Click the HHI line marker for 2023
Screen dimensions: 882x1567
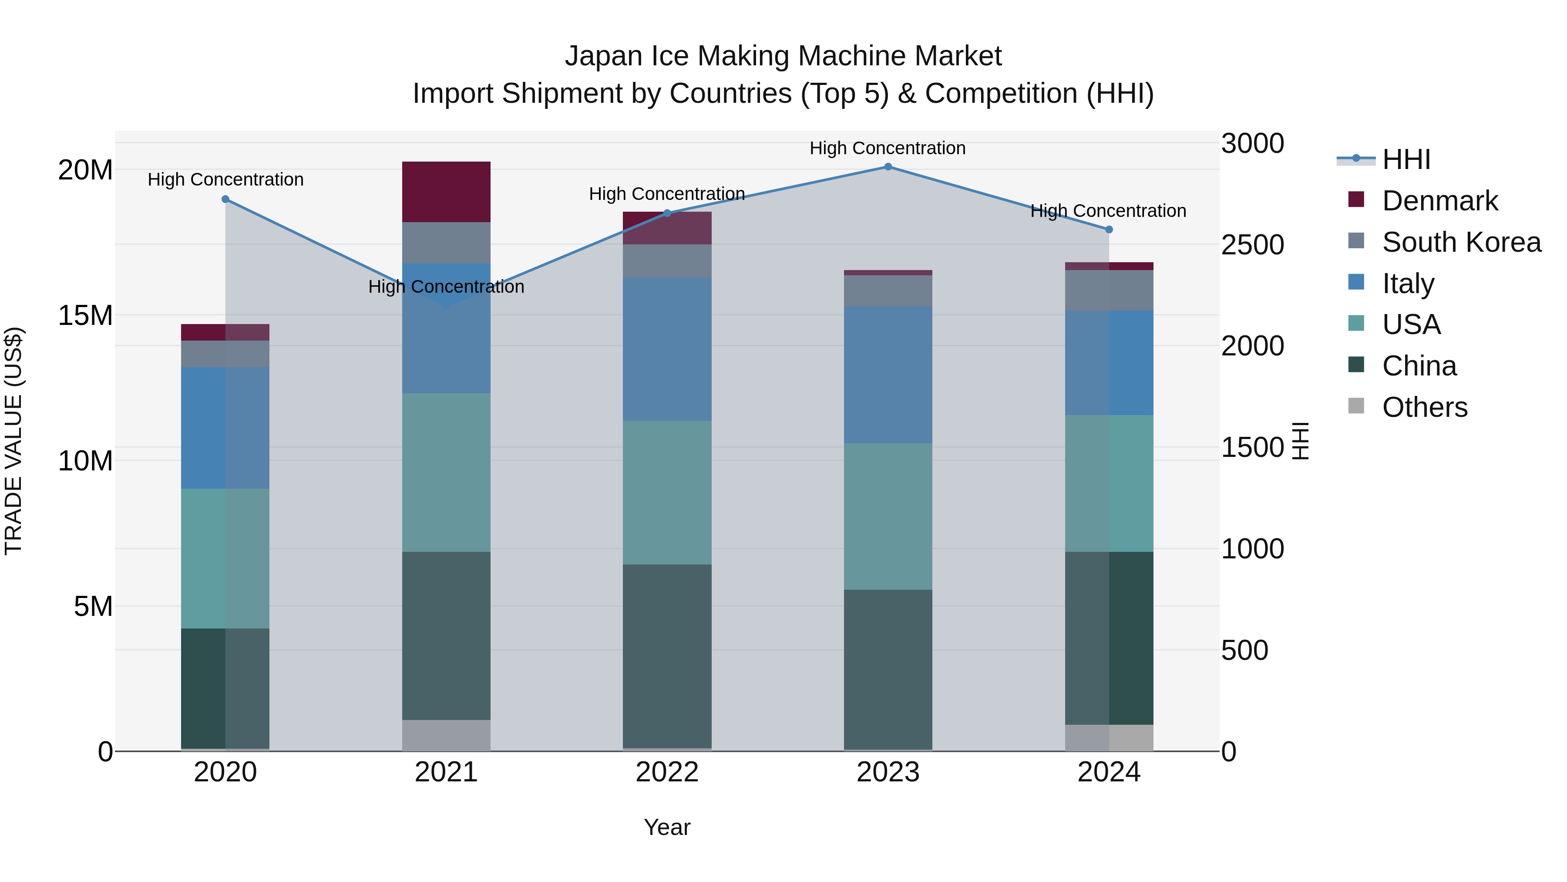[x=888, y=167]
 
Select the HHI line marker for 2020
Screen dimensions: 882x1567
[x=225, y=199]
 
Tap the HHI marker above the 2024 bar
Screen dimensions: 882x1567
[x=1108, y=230]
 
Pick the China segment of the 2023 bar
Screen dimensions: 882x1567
[x=888, y=669]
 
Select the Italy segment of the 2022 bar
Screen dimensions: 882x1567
[x=667, y=349]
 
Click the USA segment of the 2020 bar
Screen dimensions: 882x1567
[x=225, y=558]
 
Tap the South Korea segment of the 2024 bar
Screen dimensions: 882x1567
[x=1108, y=291]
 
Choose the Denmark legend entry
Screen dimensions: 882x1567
[x=1439, y=201]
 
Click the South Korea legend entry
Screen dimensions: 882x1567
[x=1461, y=242]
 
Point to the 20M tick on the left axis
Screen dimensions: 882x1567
[x=85, y=170]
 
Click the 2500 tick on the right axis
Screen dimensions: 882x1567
[x=1252, y=245]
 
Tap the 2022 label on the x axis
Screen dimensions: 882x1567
[x=667, y=772]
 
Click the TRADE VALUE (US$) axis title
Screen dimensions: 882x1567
[x=13, y=441]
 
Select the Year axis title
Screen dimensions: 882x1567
[x=667, y=827]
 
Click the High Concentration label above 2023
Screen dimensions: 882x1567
[x=888, y=148]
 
